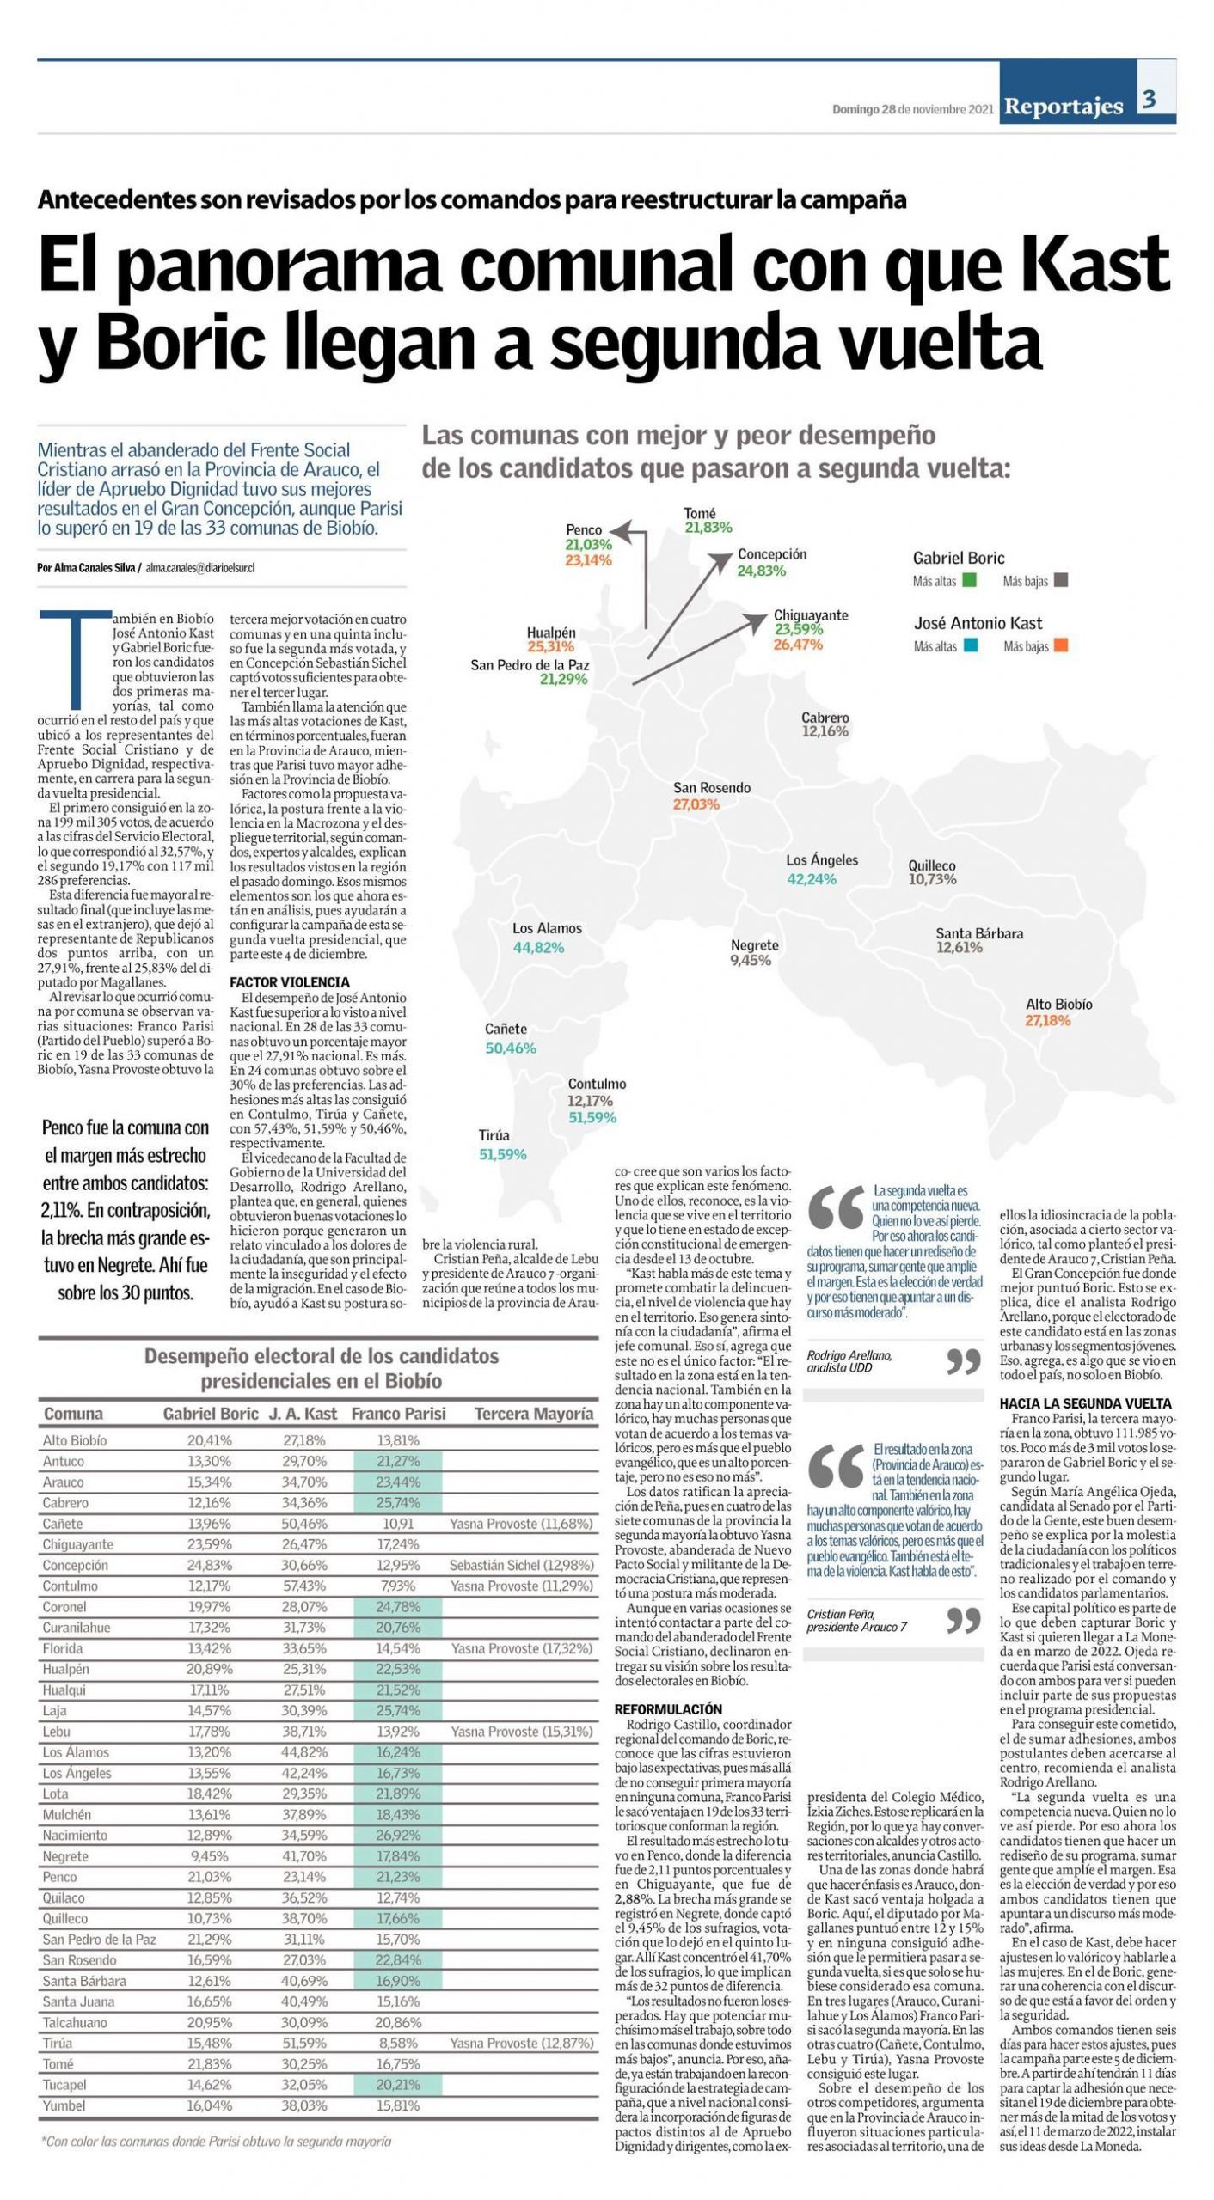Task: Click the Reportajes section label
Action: pos(1064,107)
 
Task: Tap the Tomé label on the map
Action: pos(700,513)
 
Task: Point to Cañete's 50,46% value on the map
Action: pos(510,1048)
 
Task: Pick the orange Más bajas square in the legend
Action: pos(1061,646)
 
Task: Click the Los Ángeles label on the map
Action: pos(822,860)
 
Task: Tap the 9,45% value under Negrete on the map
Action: pos(750,961)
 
